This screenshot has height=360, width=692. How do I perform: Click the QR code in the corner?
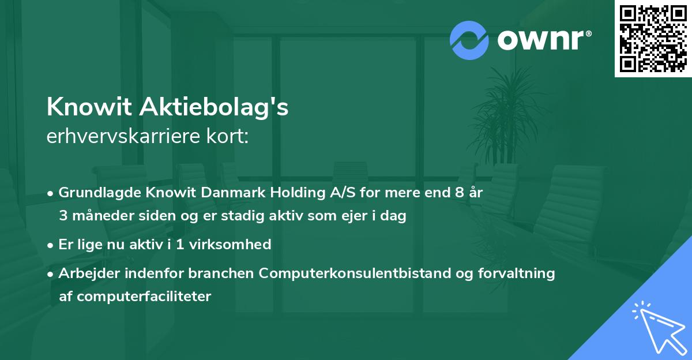coord(653,38)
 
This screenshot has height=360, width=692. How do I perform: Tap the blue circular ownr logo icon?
coord(469,40)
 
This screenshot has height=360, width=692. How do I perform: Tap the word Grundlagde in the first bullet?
coord(96,193)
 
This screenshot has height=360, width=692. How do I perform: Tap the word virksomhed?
coord(237,245)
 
